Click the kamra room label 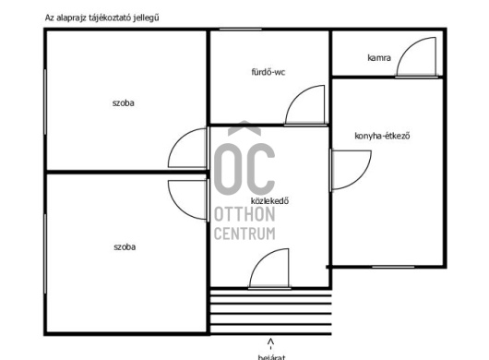coord(379,58)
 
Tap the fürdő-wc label coord(268,72)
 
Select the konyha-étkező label coord(382,136)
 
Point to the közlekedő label coord(269,200)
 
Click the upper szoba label coord(124,103)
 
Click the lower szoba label coord(125,247)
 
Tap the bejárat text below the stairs coord(271,357)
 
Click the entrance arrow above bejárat coord(270,342)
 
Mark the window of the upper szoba coord(45,102)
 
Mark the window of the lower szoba coord(45,254)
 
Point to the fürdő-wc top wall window coord(240,30)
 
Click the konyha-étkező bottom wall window coord(393,267)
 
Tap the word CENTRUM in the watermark coord(244,234)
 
